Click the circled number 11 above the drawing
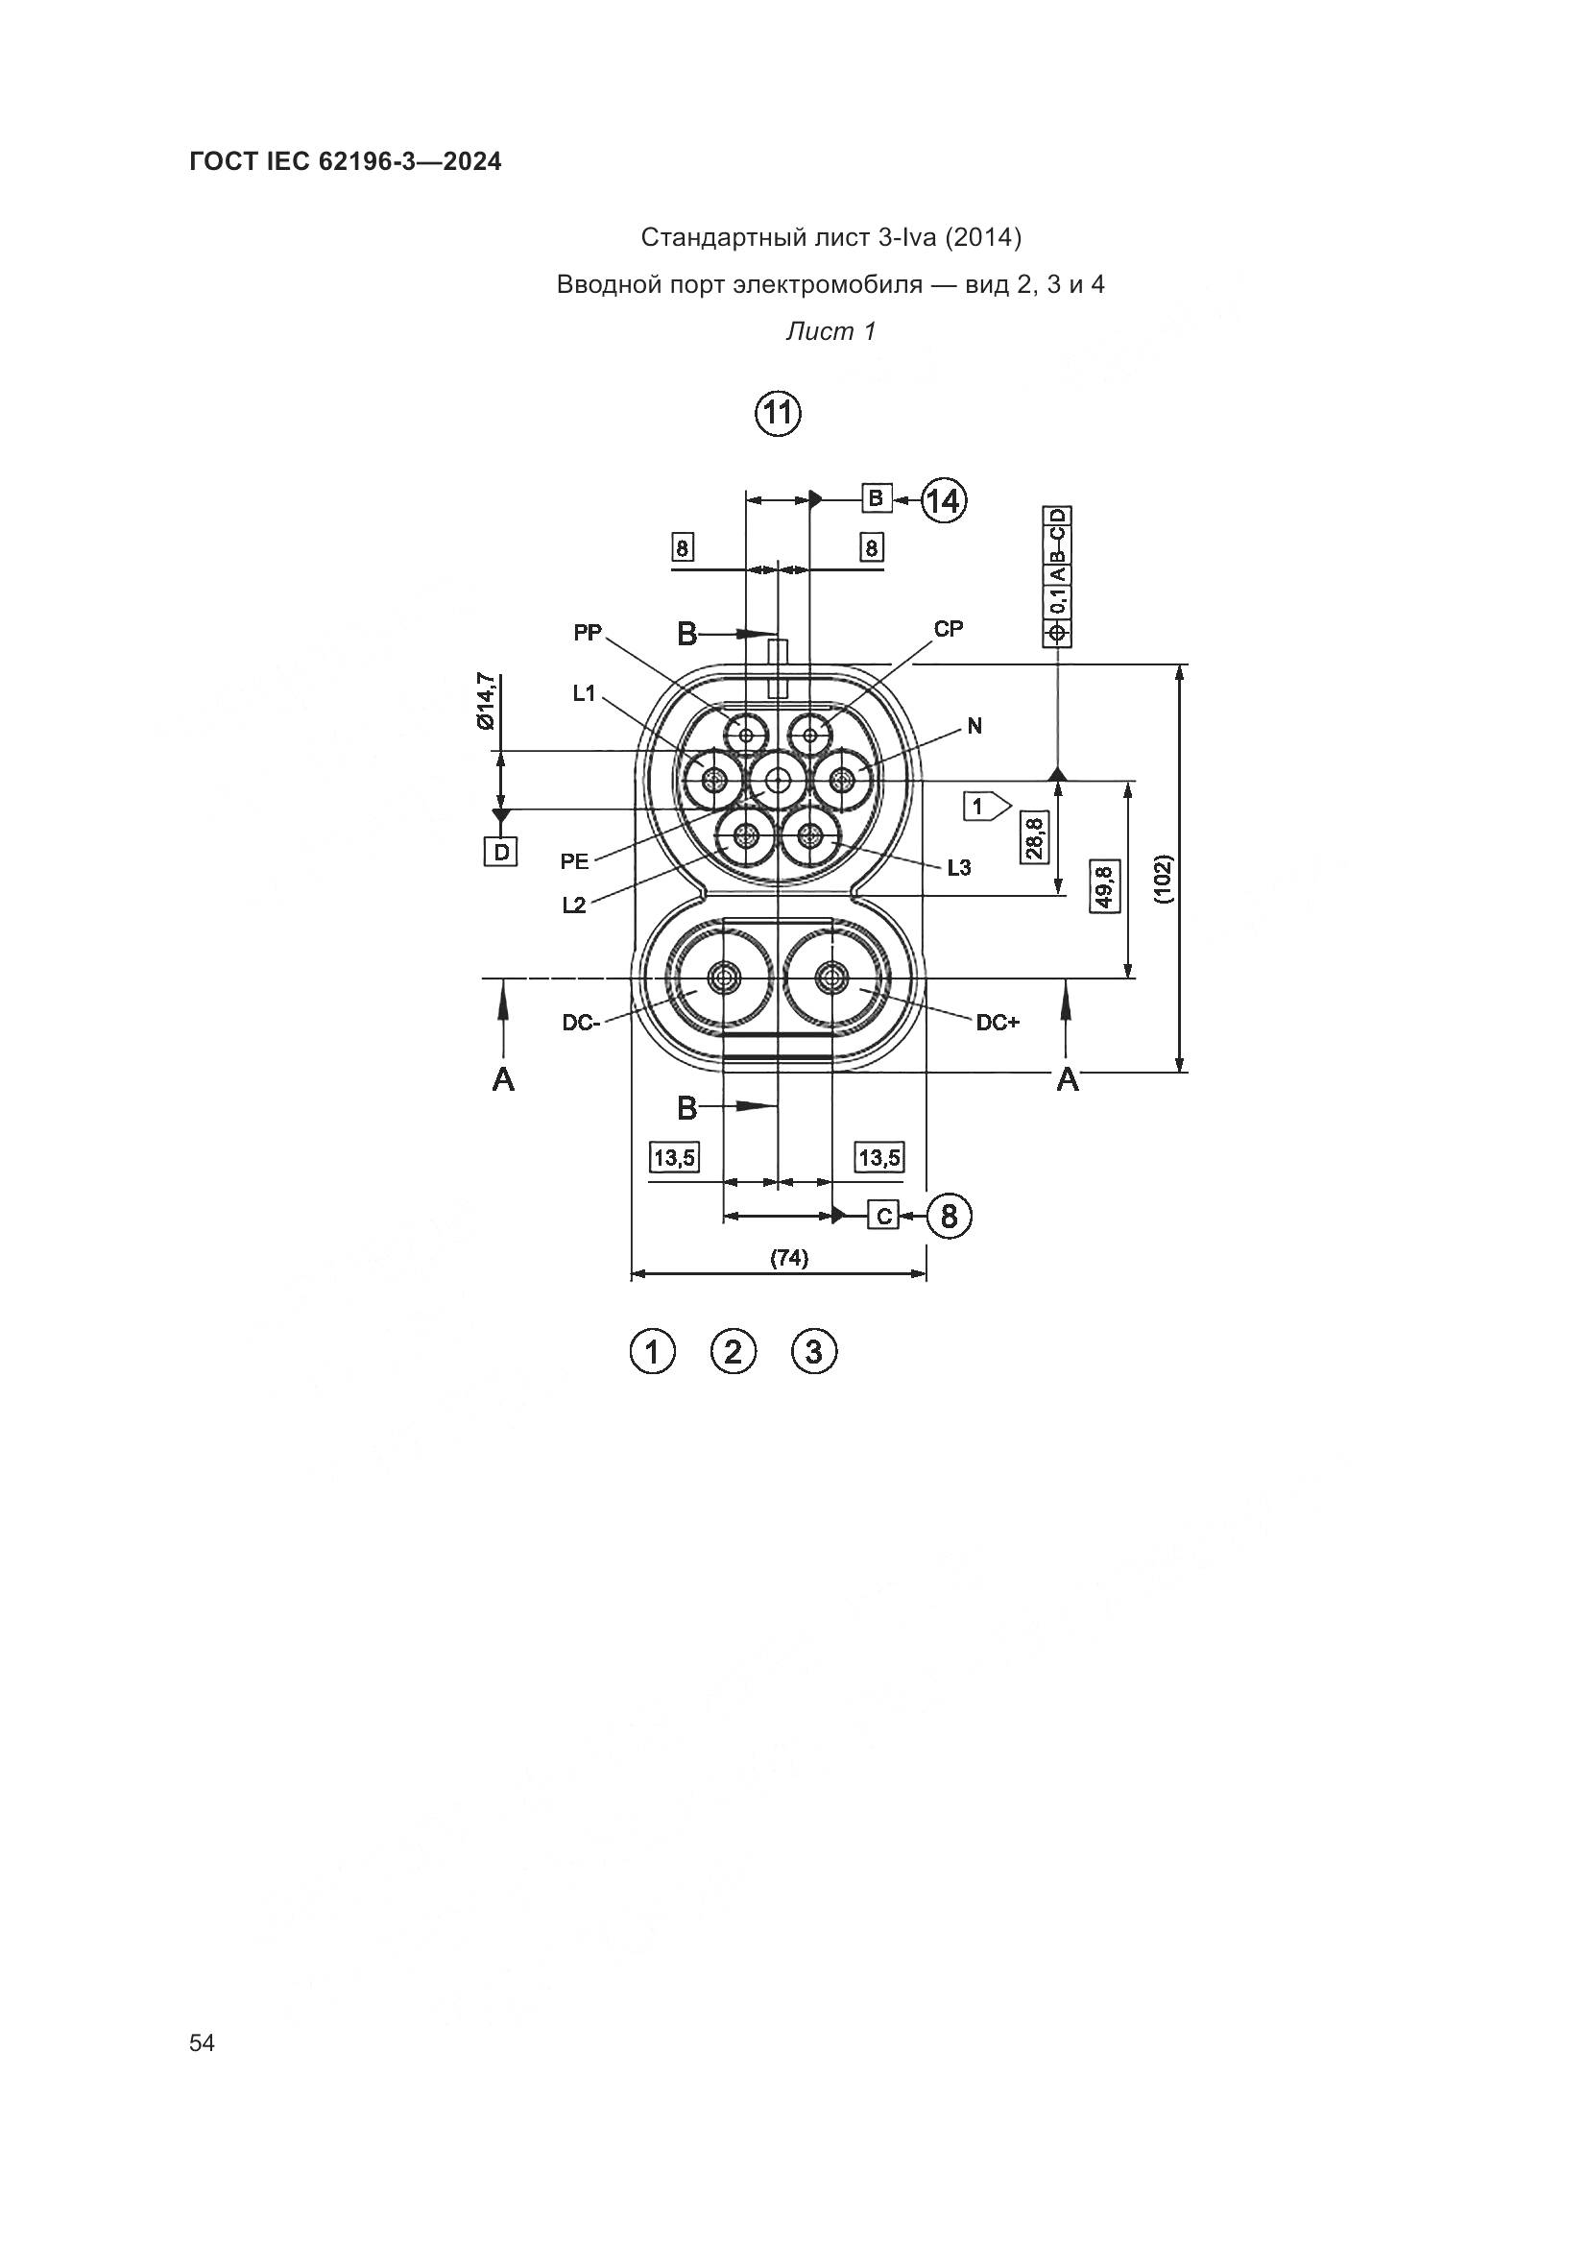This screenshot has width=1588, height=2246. (x=778, y=414)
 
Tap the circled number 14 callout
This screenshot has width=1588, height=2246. (x=944, y=501)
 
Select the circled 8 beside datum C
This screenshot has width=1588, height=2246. (x=949, y=1216)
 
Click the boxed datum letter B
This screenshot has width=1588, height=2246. (x=877, y=498)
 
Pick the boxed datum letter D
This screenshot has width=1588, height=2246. (x=501, y=852)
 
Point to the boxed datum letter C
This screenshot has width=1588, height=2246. (x=883, y=1216)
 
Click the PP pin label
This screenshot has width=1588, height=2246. (x=588, y=633)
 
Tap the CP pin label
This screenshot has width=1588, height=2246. (x=949, y=629)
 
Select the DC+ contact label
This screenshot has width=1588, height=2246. (x=998, y=1023)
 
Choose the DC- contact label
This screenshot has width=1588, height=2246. (x=580, y=1024)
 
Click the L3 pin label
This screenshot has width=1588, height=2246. (x=959, y=867)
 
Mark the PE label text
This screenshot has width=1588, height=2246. (x=575, y=861)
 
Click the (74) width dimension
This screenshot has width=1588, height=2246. (x=789, y=1259)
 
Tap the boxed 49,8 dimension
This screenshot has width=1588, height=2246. (x=1105, y=885)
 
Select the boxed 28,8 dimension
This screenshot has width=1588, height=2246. (x=1034, y=836)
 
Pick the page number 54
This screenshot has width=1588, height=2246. (x=203, y=2042)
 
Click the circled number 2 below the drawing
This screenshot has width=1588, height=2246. (x=734, y=1353)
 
